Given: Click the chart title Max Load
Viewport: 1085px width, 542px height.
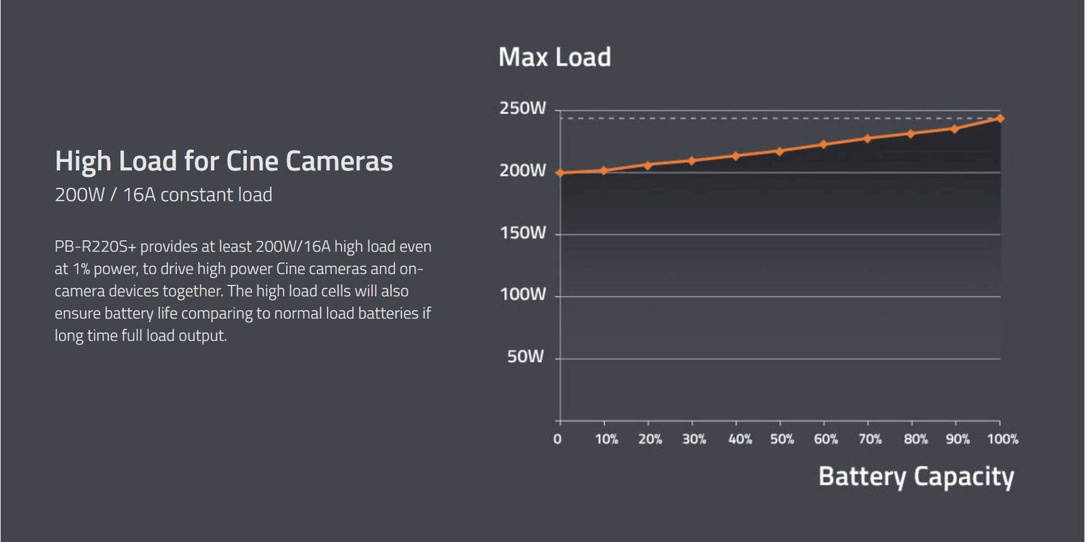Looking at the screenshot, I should [x=554, y=58].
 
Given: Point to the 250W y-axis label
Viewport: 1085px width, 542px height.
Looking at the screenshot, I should [x=522, y=109].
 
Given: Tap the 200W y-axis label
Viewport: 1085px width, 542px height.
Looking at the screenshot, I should [x=522, y=170].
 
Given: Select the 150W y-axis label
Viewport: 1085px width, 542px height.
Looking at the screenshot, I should [x=522, y=233].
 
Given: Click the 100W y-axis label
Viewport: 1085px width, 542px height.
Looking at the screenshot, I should [x=522, y=294].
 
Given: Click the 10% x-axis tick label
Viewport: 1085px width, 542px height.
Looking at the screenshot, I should [x=606, y=440].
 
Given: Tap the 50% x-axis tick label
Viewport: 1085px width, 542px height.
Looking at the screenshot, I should [x=782, y=440].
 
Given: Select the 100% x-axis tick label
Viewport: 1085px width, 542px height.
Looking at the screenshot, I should [x=1002, y=440].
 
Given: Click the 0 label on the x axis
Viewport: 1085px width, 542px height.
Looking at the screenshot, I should [x=557, y=440].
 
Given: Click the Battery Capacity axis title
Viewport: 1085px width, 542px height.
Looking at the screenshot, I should [x=916, y=477].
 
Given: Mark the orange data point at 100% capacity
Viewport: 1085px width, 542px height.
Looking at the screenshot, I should [x=1000, y=119].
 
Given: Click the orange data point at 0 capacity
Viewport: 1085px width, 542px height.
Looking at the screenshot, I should [x=560, y=173].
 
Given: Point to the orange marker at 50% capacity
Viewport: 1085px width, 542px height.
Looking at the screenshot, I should [x=780, y=151].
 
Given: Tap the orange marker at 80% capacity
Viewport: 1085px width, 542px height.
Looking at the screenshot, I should [x=911, y=134].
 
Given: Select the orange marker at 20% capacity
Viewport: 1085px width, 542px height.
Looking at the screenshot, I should [x=648, y=166].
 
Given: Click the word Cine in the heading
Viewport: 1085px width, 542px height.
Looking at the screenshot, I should [x=252, y=161].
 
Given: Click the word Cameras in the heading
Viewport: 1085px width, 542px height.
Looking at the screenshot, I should [x=339, y=161].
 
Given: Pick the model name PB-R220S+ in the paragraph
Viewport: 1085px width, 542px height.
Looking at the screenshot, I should [x=96, y=247].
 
